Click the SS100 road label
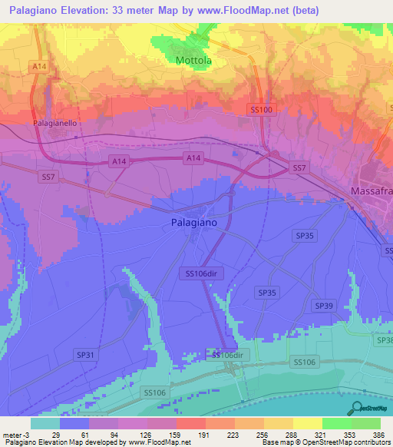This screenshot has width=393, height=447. point(262,111)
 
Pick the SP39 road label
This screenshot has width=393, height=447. point(323,306)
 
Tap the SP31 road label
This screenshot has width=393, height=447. point(85,354)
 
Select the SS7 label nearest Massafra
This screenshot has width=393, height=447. point(299,167)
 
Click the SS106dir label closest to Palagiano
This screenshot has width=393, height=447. point(203,273)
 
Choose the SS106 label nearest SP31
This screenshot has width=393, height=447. point(154,392)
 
